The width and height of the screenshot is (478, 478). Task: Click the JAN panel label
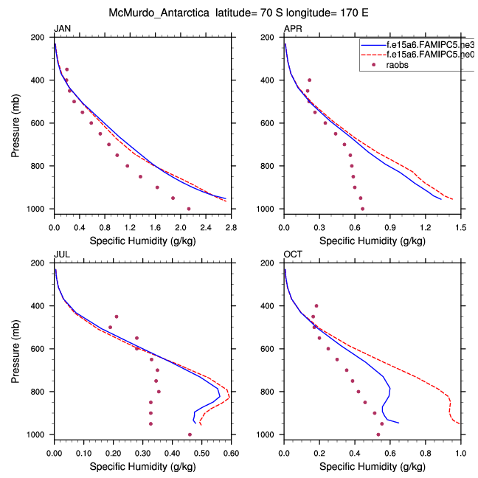pos(62,29)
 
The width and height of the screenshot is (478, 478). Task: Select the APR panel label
pos(293,29)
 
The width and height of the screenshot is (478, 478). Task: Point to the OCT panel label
pos(293,254)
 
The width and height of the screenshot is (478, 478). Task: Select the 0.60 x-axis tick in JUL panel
pos(231,446)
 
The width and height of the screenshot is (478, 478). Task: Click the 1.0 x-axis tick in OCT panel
pos(461,446)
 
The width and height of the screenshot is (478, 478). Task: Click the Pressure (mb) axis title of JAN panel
pos(16,122)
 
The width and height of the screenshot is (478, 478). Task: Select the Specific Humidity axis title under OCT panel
pos(373,466)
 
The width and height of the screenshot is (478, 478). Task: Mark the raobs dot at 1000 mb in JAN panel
pos(189,209)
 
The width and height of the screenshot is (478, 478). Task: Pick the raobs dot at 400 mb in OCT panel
pos(316,305)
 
